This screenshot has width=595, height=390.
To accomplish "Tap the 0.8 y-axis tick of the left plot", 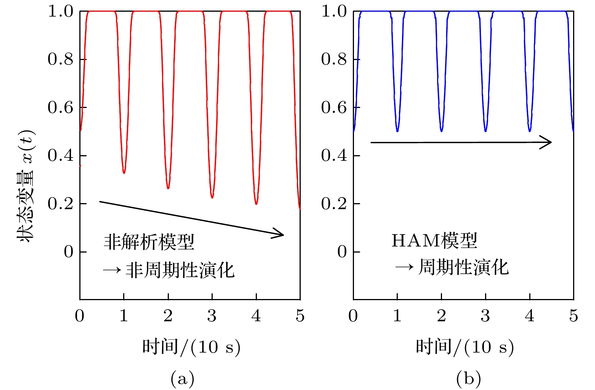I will tap(60, 59).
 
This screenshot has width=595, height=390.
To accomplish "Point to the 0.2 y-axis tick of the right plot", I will tap(334, 204).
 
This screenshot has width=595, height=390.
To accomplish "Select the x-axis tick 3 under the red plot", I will tap(212, 316).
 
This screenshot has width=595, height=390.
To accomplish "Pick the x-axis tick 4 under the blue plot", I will tap(530, 316).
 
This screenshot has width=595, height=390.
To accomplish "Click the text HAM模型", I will tap(434, 240).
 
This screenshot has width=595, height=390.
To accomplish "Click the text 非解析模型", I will tap(149, 242).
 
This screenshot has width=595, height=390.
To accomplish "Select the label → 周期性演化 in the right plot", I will tap(452, 268).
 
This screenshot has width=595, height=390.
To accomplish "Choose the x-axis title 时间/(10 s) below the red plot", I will tap(191, 347).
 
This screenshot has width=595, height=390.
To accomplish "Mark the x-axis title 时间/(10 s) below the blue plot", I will tap(465, 347).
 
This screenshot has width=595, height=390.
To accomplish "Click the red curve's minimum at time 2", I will tap(168, 188).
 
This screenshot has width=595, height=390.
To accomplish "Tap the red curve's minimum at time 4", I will tap(256, 203).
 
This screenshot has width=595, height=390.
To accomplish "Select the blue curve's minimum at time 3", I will tap(485, 131).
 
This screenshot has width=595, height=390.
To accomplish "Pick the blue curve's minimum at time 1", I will tap(397, 131).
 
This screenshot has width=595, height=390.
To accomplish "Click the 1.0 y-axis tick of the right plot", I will tap(334, 12).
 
